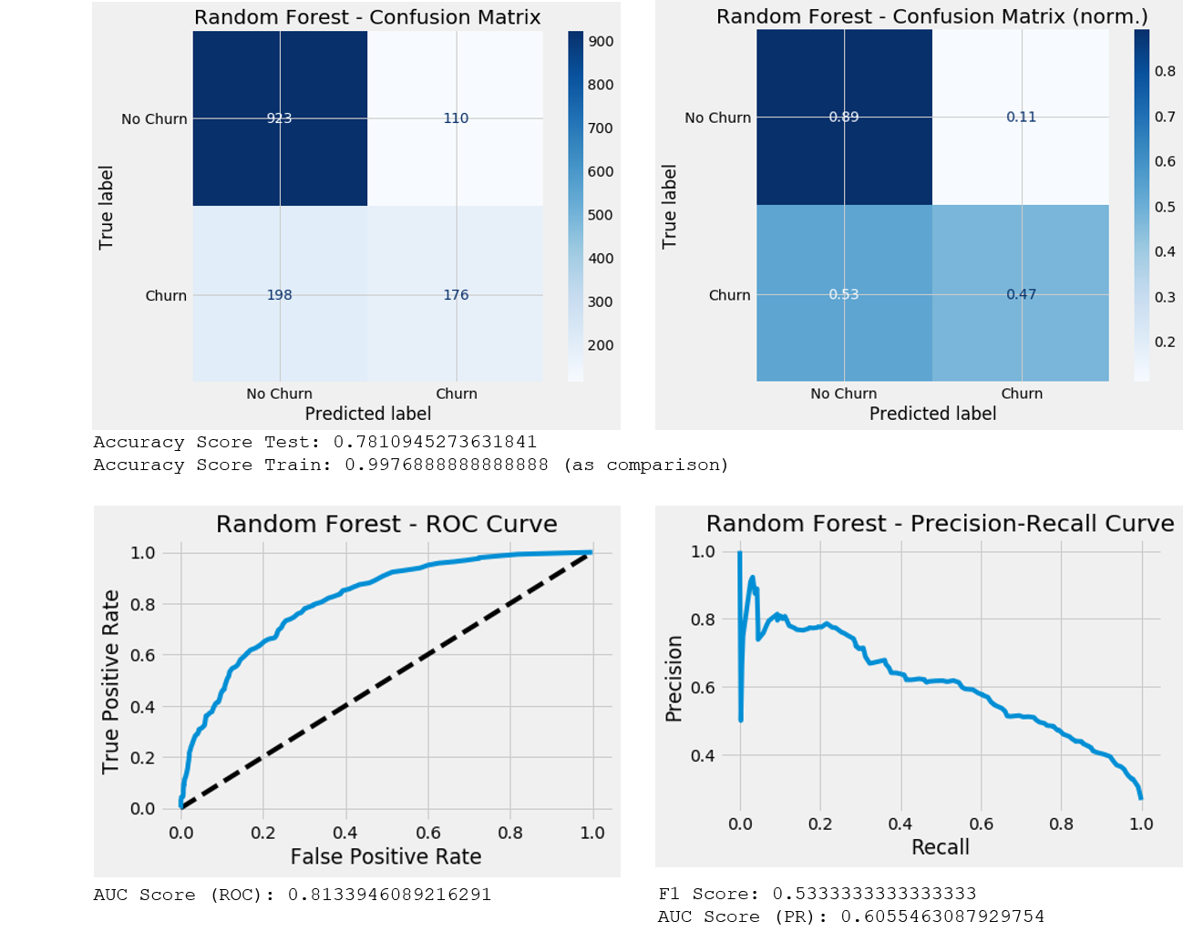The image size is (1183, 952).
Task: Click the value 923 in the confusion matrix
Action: click(279, 118)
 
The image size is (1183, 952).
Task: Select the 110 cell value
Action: click(456, 118)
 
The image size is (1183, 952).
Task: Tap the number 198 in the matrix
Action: click(279, 295)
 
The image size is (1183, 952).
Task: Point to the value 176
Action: click(456, 295)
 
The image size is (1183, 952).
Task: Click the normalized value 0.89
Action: click(844, 118)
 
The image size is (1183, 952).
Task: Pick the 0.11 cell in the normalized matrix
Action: click(1021, 118)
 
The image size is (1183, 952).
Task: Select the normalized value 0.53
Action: click(844, 294)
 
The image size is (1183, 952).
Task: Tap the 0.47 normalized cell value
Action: click(1021, 294)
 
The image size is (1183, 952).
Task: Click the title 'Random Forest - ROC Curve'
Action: click(386, 525)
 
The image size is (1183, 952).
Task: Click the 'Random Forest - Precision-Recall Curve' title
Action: click(940, 524)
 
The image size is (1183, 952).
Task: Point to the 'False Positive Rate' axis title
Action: click(386, 856)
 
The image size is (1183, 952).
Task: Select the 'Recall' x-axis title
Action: click(940, 847)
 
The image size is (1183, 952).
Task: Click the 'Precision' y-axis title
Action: click(674, 679)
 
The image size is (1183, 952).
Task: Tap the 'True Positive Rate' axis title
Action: click(111, 681)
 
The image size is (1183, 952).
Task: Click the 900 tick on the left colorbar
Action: click(601, 42)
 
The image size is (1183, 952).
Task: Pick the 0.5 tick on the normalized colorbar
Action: click(1165, 207)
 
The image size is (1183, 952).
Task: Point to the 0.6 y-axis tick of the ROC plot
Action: click(143, 655)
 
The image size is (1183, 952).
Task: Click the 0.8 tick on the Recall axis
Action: click(1061, 824)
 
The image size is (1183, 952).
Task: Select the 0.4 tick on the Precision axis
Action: click(702, 756)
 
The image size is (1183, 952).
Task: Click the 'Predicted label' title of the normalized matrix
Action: click(932, 414)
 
